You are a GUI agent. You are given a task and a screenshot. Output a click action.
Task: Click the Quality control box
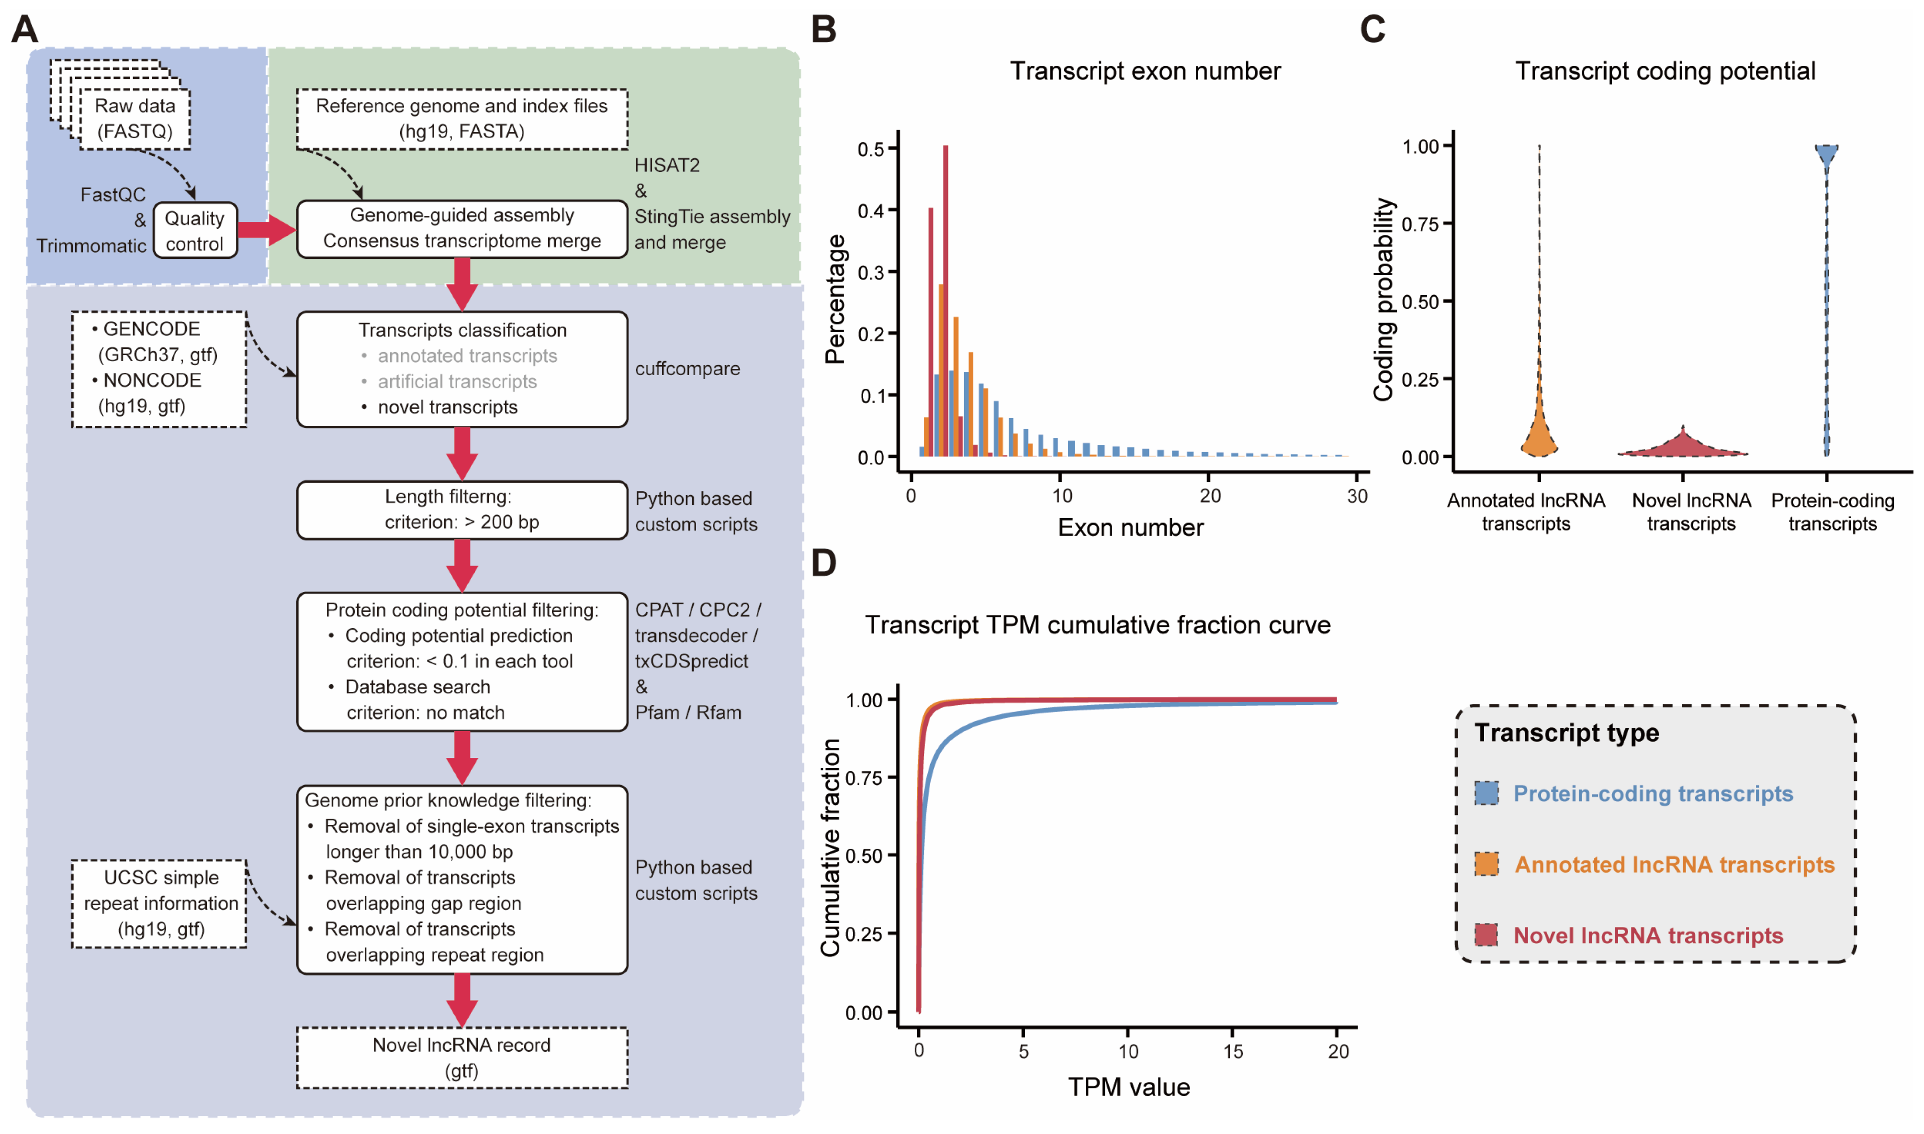[195, 230]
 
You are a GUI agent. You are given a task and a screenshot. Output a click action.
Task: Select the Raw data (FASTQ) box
[135, 119]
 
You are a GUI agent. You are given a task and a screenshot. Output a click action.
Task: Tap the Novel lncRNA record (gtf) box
[461, 1057]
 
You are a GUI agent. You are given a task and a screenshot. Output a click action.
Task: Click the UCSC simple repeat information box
[160, 903]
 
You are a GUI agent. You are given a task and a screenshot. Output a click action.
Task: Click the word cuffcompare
[687, 368]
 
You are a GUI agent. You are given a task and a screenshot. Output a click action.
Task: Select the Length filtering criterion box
[461, 510]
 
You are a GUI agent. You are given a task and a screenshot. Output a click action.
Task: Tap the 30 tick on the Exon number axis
[1357, 496]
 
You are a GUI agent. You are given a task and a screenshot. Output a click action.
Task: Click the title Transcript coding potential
[1665, 71]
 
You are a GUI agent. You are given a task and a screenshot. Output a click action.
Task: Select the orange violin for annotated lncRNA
[1539, 435]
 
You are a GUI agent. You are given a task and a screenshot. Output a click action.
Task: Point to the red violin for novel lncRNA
[1682, 445]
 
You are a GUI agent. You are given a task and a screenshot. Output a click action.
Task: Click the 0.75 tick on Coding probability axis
[1422, 224]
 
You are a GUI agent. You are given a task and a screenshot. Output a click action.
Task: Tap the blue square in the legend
[1486, 793]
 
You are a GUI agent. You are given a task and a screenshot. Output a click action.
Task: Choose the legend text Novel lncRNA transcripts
[1647, 935]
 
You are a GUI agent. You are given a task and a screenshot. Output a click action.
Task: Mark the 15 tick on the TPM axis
[1232, 1052]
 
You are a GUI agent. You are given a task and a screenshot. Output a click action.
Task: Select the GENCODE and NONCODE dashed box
[159, 368]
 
